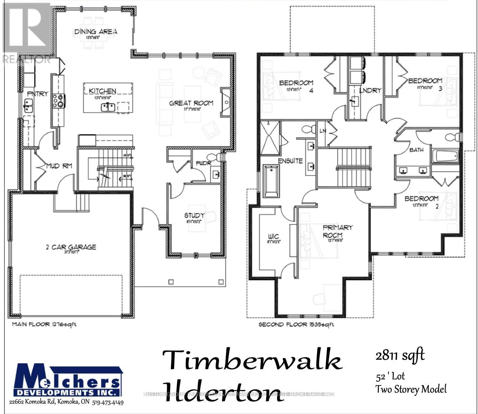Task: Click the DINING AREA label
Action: point(96,32)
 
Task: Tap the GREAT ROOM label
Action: point(191,103)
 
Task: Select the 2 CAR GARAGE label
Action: point(71,247)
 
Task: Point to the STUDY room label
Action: point(194,215)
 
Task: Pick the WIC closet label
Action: point(274,237)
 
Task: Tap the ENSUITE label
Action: point(291,161)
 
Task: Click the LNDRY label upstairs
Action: point(370,91)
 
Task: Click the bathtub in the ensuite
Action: point(272,181)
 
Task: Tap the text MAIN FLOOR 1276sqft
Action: point(44,324)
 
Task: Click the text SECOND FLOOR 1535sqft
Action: point(296,324)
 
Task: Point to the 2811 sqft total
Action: point(400,356)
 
